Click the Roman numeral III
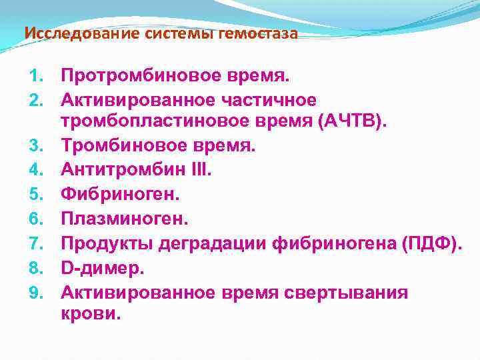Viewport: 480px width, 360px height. (x=199, y=170)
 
